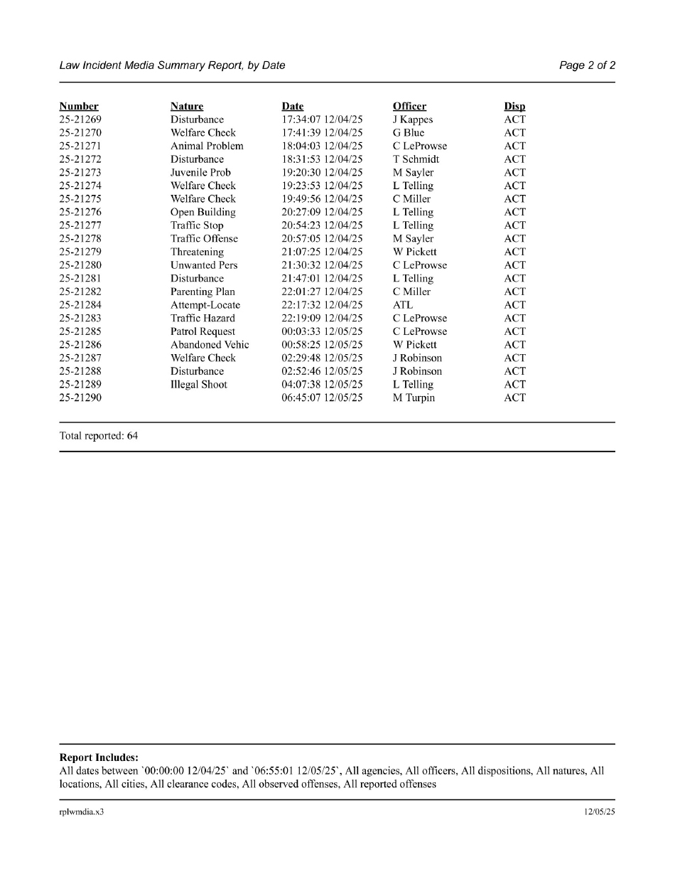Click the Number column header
point(79,107)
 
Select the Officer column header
point(409,107)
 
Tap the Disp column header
point(514,107)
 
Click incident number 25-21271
point(80,146)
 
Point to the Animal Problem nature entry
point(207,146)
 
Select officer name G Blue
point(409,133)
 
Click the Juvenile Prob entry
point(200,173)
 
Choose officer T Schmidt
point(416,159)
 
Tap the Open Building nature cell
point(202,213)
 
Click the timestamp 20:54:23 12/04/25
point(322,225)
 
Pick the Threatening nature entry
point(197,252)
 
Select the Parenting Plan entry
point(202,292)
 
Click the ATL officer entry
point(403,305)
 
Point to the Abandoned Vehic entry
point(210,345)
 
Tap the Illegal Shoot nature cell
point(199,385)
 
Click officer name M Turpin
point(414,398)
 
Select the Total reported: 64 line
point(99,436)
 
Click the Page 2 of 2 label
point(587,65)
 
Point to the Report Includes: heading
point(99,758)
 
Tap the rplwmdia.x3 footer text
point(82,812)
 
